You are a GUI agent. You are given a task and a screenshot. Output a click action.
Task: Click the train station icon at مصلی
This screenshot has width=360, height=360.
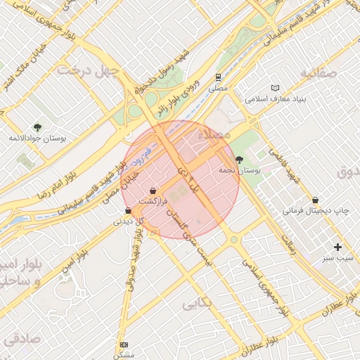[x=219, y=78]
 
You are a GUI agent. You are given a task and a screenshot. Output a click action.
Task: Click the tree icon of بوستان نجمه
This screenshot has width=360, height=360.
[x=240, y=160]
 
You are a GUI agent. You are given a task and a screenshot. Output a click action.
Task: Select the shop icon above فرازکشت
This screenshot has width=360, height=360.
[x=153, y=191]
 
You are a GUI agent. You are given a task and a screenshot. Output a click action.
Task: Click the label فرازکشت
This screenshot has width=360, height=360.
[x=154, y=202]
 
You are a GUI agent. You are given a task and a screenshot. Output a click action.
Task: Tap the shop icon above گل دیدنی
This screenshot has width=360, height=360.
[x=128, y=210]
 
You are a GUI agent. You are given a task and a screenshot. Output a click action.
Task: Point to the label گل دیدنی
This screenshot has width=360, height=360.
[x=129, y=221]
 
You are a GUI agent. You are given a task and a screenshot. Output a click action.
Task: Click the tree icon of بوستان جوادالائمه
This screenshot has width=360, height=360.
[x=37, y=127]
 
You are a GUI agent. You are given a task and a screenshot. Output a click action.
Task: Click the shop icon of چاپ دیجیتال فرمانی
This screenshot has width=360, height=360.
[x=315, y=200]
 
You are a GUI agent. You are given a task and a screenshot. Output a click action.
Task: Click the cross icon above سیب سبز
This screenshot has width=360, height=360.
[x=338, y=247]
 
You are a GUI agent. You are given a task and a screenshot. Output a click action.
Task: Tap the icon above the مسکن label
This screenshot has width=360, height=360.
[x=124, y=345]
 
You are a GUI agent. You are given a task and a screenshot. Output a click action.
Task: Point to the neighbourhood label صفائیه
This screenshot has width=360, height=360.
[x=324, y=72]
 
